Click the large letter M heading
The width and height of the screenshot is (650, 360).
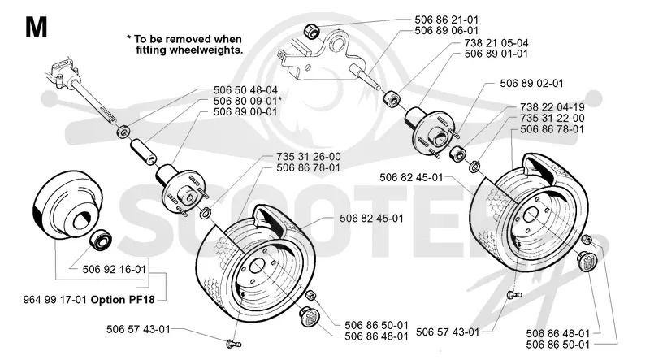tap(36, 28)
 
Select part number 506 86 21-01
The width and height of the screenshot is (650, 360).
tap(446, 20)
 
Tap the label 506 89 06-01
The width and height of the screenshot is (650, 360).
tap(446, 30)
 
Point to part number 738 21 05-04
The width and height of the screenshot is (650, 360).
tap(496, 43)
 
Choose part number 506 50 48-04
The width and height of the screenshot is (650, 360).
tap(245, 90)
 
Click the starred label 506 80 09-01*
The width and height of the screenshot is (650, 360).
tap(248, 101)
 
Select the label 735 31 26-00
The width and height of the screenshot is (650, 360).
tap(309, 157)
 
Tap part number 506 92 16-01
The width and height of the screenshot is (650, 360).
tap(115, 270)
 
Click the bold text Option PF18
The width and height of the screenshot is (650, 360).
tap(123, 299)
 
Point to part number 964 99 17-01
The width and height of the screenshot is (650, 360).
tap(55, 299)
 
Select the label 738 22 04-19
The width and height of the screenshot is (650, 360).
tap(552, 107)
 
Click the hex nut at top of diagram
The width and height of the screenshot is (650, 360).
tap(311, 30)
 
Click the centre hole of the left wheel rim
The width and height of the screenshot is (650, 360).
tap(257, 266)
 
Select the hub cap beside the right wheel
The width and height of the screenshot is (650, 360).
tap(587, 262)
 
